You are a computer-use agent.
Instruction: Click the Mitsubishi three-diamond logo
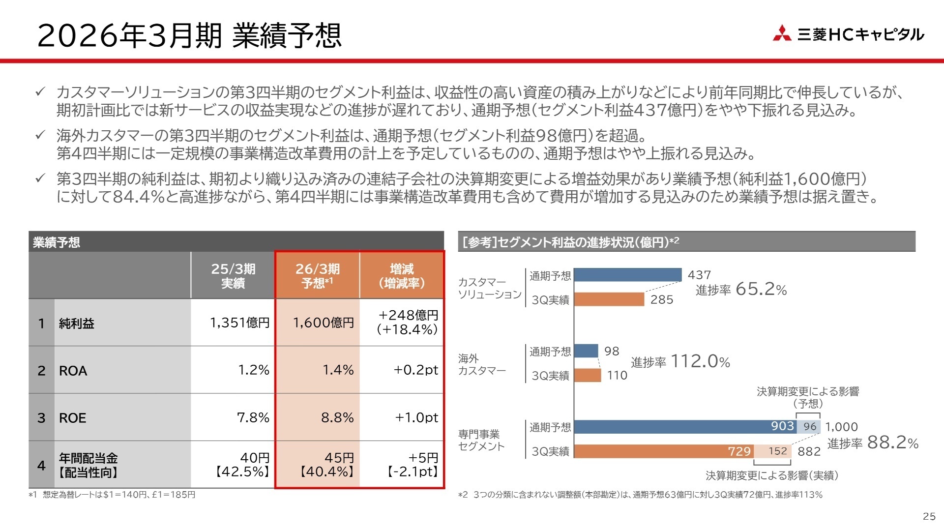pyautogui.click(x=782, y=33)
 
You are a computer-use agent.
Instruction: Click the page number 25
pyautogui.click(x=929, y=516)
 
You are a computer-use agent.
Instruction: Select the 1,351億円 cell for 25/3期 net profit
pyautogui.click(x=239, y=323)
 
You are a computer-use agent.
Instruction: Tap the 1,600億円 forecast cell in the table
pyautogui.click(x=323, y=323)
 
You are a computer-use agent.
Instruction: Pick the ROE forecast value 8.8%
pyautogui.click(x=337, y=417)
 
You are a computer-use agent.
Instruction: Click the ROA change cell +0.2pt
pyautogui.click(x=415, y=370)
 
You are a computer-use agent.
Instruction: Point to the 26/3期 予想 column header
pyautogui.click(x=318, y=275)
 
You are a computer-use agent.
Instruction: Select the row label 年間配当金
pyautogui.click(x=88, y=458)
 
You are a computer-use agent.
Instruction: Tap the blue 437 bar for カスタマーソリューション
pyautogui.click(x=627, y=275)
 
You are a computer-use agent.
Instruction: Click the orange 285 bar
pyautogui.click(x=609, y=299)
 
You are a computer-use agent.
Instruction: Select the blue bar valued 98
pyautogui.click(x=586, y=351)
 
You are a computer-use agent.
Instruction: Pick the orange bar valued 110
pyautogui.click(x=588, y=375)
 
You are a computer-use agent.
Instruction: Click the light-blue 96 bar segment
pyautogui.click(x=809, y=427)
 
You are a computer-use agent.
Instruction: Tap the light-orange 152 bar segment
pyautogui.click(x=773, y=451)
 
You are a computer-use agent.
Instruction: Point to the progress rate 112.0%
pyautogui.click(x=700, y=361)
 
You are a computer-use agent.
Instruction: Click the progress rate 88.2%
pyautogui.click(x=892, y=442)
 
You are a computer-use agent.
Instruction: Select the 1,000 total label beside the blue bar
pyautogui.click(x=841, y=427)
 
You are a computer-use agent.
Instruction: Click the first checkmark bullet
pyautogui.click(x=40, y=92)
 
